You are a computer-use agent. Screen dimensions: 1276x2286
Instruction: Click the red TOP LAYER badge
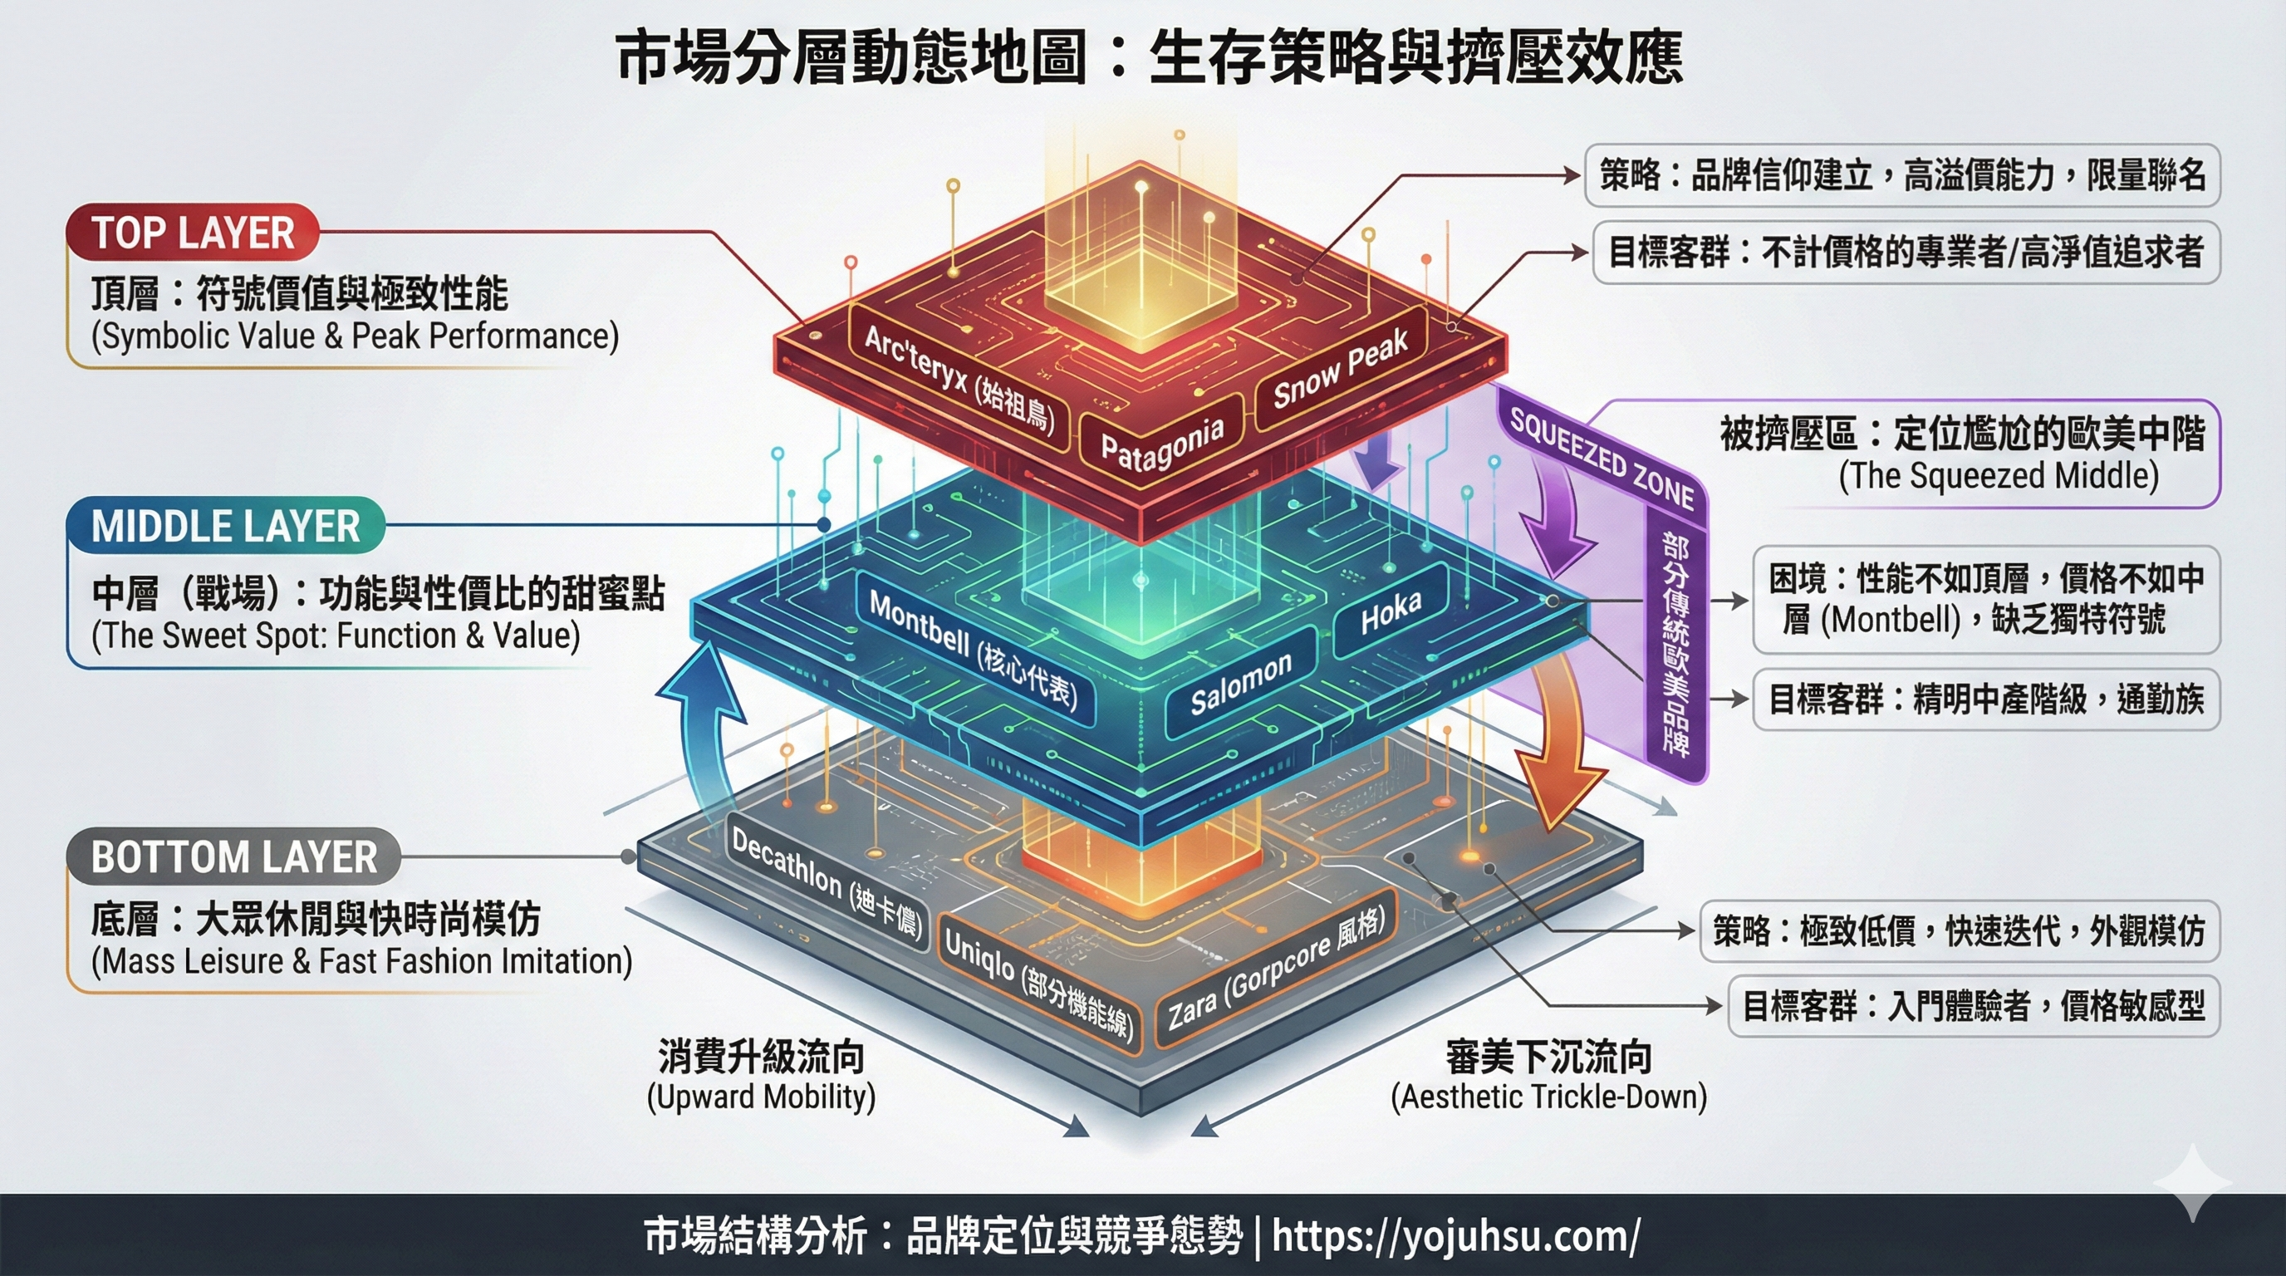[x=193, y=233]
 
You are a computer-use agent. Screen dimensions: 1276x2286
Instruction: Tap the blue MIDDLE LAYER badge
[x=225, y=526]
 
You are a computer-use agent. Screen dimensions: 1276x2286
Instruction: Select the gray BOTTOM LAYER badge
[x=233, y=857]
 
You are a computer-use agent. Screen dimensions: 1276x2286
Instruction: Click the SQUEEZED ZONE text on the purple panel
[x=1602, y=459]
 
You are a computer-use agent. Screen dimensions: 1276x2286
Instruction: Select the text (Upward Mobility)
[x=761, y=1097]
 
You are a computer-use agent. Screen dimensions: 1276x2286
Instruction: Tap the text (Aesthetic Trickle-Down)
[x=1548, y=1097]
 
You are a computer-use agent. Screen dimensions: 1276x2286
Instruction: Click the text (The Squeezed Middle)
[x=1999, y=476]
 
